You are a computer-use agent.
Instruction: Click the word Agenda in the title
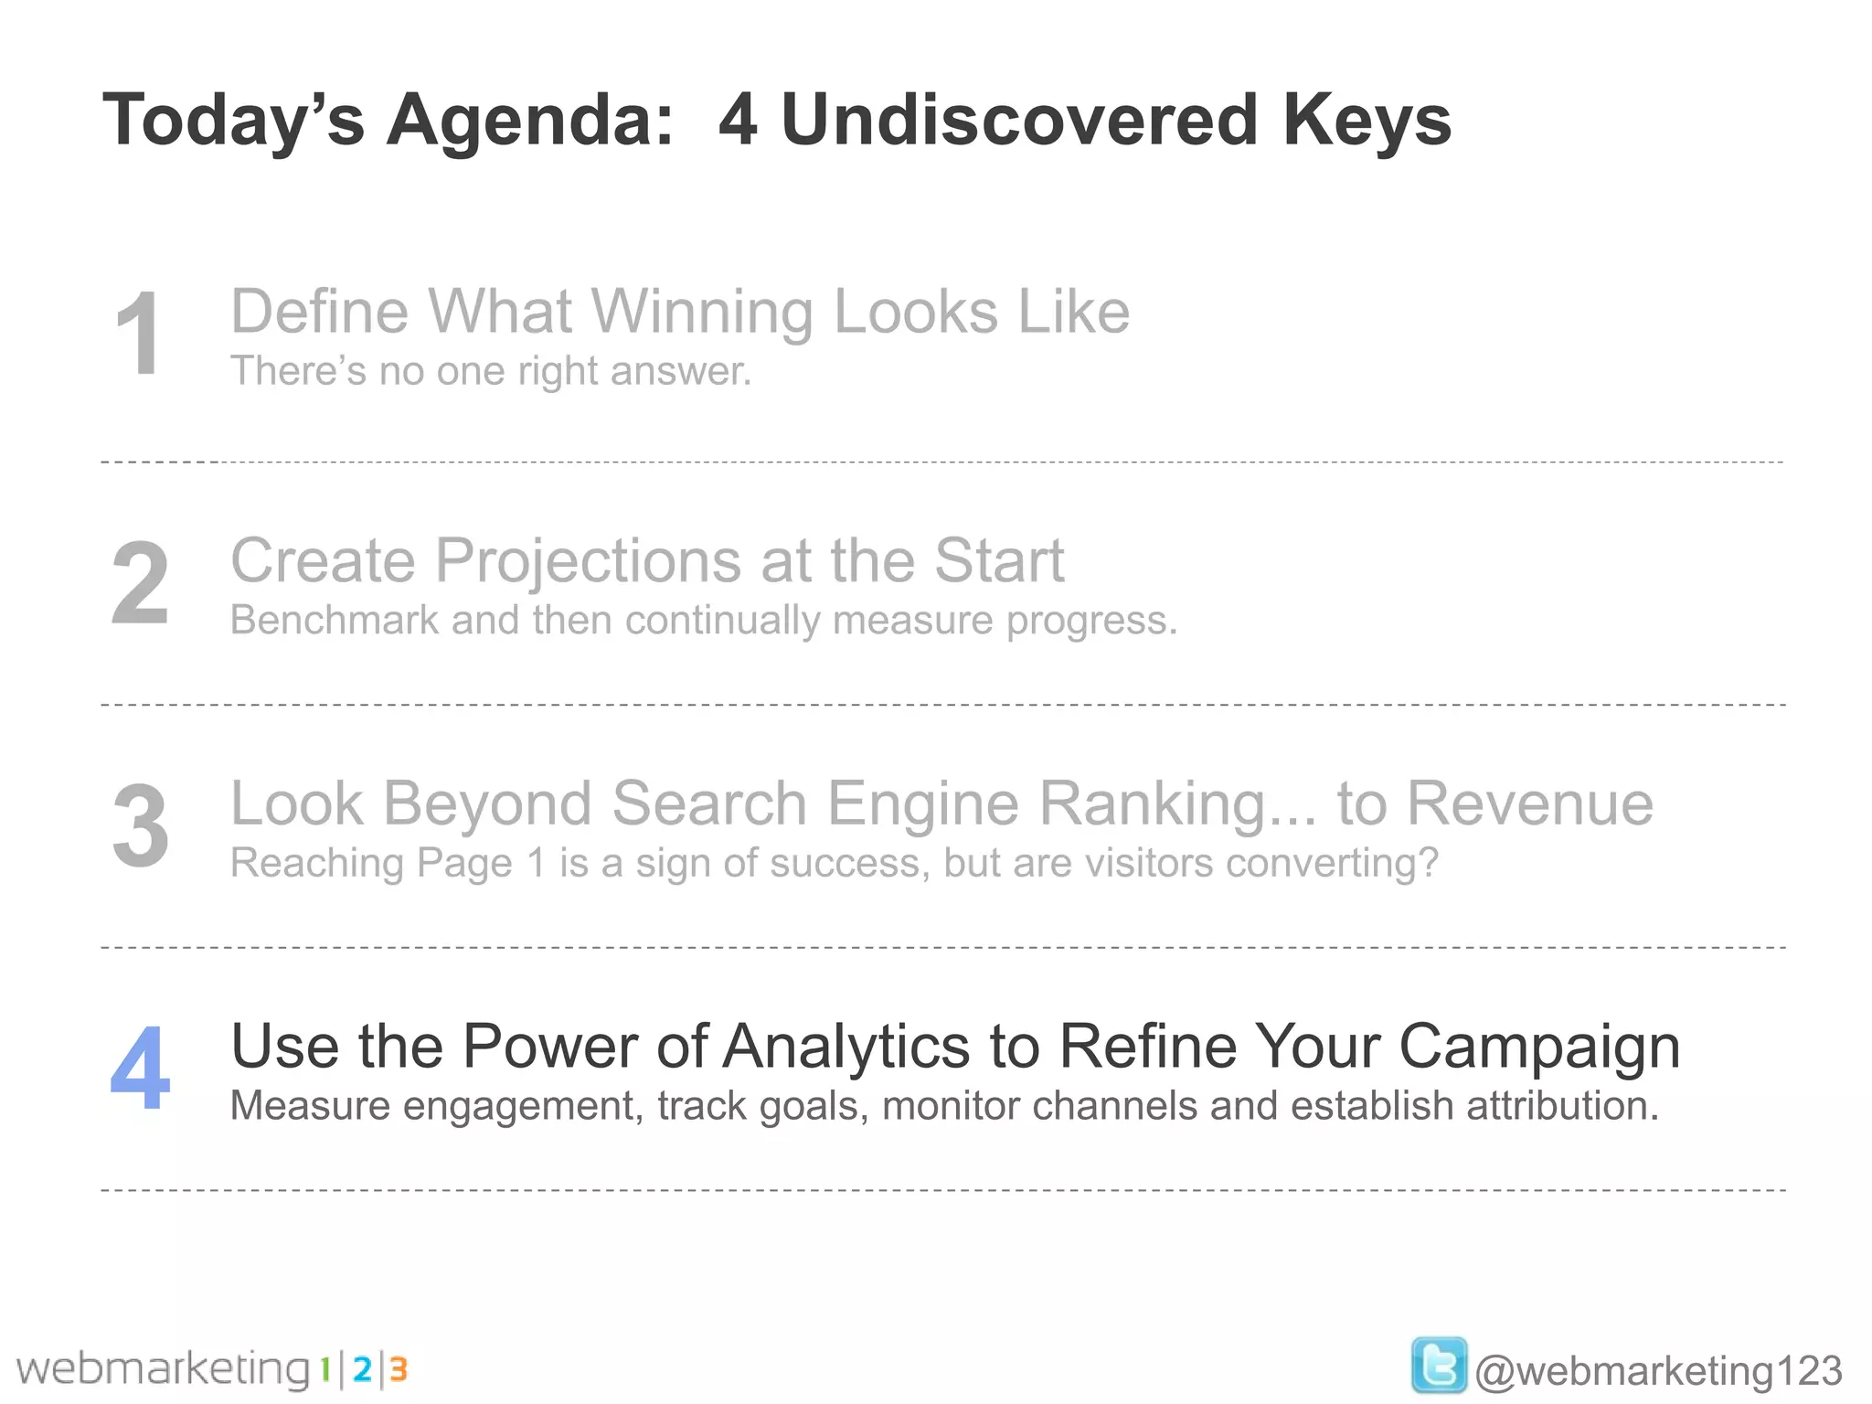529,122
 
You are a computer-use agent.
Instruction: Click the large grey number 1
139,334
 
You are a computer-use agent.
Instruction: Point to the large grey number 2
140,583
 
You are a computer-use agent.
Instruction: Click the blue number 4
140,1068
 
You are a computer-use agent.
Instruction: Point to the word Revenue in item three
1529,804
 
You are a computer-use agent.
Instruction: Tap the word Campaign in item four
1539,1047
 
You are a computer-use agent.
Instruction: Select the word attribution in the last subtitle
1562,1106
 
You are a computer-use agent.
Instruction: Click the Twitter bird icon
1439,1367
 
